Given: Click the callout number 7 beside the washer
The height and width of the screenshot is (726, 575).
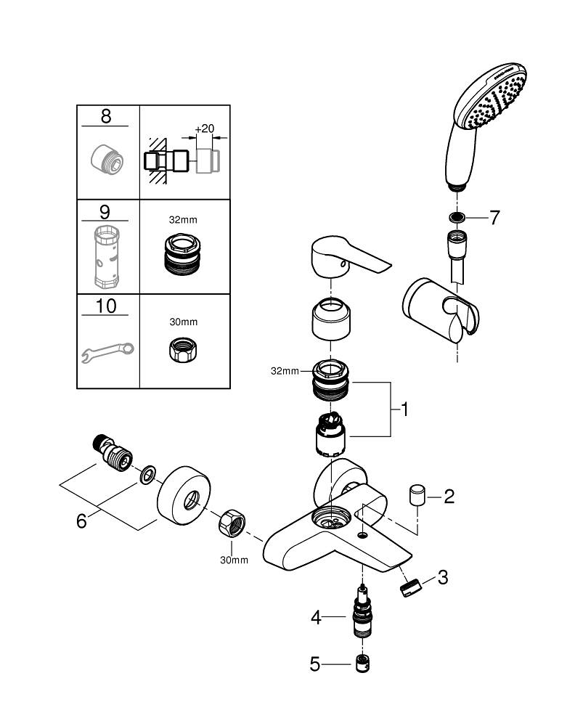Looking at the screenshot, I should tap(494, 217).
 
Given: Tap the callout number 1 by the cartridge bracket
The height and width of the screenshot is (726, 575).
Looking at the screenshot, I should tap(404, 410).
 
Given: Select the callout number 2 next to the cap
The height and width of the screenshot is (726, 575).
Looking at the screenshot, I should tap(449, 497).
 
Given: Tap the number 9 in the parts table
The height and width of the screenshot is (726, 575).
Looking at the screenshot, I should tap(105, 213).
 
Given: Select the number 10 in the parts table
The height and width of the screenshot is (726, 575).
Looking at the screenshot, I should tap(106, 306).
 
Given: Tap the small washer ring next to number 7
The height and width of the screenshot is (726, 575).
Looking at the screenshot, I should tap(457, 217).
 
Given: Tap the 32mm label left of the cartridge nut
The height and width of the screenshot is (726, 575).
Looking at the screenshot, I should tap(285, 371).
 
